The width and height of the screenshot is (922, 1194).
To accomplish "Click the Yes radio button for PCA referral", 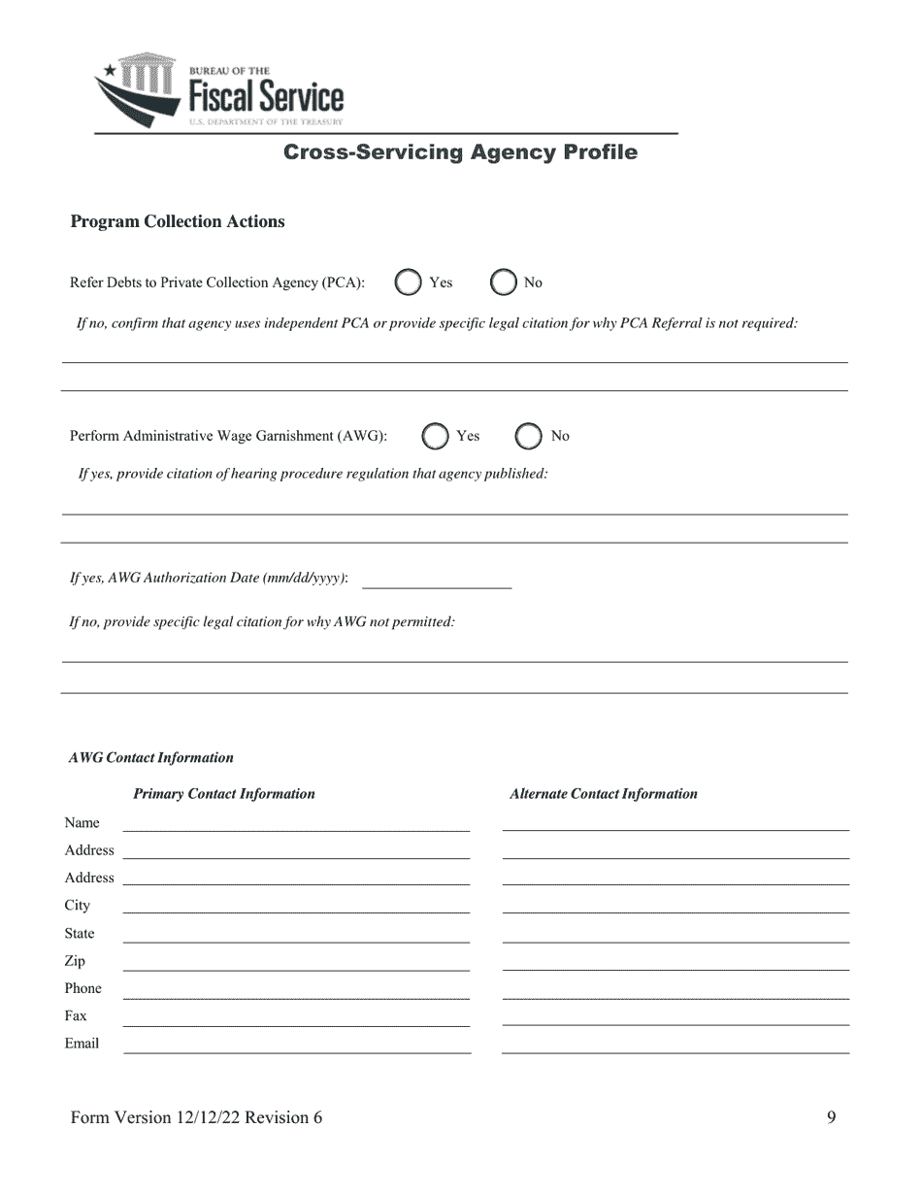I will [409, 282].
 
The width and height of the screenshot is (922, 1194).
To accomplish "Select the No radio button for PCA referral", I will [503, 282].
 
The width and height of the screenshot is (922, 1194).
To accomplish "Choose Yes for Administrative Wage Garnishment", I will [436, 437].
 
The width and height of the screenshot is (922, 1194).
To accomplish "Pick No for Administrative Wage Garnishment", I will [528, 437].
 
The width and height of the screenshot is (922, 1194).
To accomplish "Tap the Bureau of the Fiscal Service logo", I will [219, 90].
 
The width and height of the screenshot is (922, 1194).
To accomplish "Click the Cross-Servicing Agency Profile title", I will [460, 152].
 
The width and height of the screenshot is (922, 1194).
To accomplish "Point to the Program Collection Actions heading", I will [178, 221].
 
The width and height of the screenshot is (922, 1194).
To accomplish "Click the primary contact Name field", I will [296, 822].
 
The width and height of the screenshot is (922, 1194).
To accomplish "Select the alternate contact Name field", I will [675, 822].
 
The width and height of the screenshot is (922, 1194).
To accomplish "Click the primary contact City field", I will [296, 905].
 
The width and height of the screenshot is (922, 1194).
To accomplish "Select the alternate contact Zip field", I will [675, 961].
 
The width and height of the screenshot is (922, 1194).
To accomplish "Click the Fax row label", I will [76, 1015].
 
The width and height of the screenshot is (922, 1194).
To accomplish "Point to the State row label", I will [80, 933].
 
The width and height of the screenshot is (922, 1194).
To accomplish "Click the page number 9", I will [831, 1117].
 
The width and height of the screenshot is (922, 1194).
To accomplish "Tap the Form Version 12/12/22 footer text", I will [197, 1117].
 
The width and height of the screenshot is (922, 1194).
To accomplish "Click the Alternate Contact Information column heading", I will [604, 794].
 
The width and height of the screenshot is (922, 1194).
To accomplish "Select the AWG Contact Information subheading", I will [151, 758].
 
